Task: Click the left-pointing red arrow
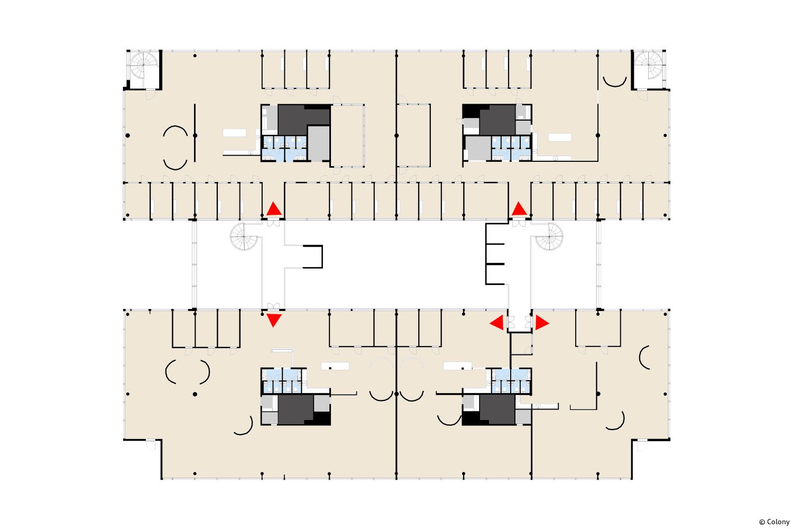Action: tap(497, 323)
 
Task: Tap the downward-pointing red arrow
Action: tap(274, 320)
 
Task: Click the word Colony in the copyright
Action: tap(778, 522)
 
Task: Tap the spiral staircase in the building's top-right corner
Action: tap(649, 66)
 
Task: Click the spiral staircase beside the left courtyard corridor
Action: tap(244, 236)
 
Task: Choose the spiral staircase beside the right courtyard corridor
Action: tap(549, 236)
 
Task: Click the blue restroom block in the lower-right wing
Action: tap(511, 381)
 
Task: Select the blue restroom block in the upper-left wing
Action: tap(284, 148)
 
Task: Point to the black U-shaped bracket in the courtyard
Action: tap(313, 257)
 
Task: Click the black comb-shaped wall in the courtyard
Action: tap(495, 254)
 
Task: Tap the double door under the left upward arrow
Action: tap(273, 223)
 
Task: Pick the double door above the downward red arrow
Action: tap(273, 306)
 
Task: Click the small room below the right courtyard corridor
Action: tap(521, 343)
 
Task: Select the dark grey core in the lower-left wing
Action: tap(296, 409)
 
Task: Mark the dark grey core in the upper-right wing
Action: tap(497, 120)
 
